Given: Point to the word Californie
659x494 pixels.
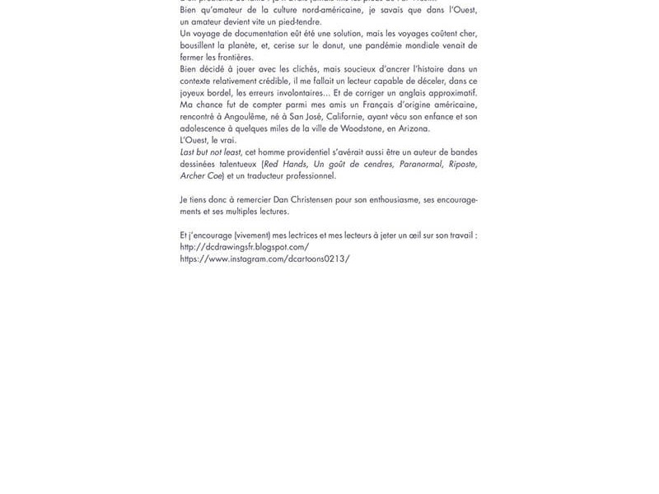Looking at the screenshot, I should [x=355, y=117].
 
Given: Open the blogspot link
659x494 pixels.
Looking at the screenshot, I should [x=244, y=247].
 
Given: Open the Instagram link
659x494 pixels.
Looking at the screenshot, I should [x=264, y=259].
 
